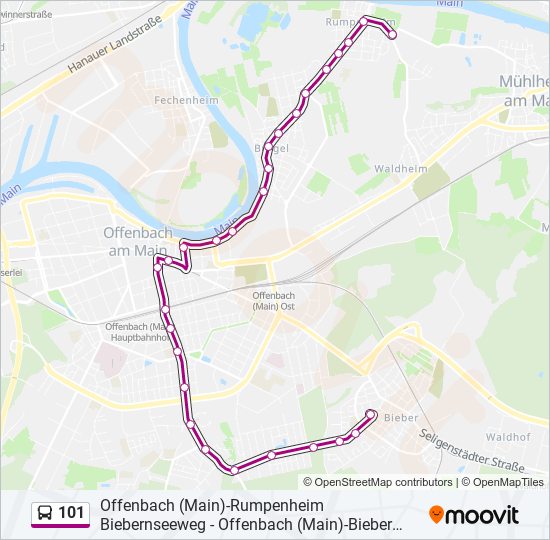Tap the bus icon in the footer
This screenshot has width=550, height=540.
click(x=45, y=514)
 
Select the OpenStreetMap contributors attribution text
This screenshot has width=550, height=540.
click(x=370, y=482)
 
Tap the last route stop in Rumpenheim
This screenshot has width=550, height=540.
click(x=392, y=35)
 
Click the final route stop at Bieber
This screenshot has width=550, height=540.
click(x=371, y=413)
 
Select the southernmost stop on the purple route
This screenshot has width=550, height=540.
click(x=234, y=469)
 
